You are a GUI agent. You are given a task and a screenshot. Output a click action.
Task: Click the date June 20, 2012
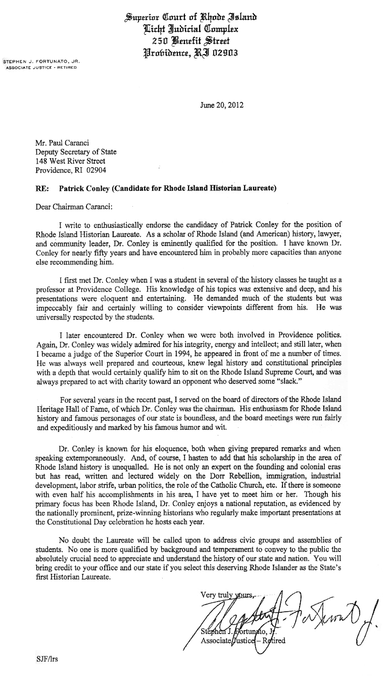[222, 106]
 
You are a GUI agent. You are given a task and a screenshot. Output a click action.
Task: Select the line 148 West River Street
[70, 161]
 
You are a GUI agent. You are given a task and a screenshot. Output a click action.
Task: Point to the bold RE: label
[42, 189]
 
